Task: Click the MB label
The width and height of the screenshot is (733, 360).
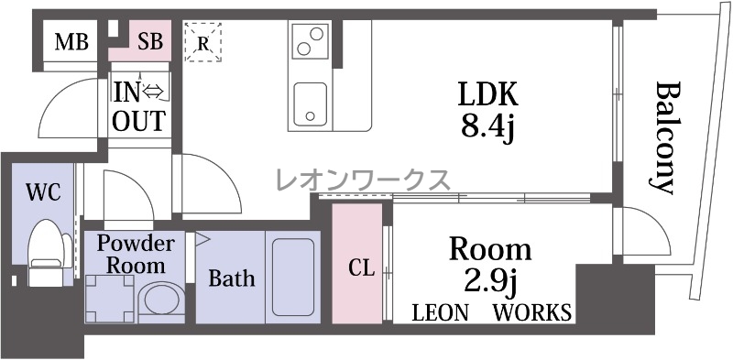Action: point(71,41)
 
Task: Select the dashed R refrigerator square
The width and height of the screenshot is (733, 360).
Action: point(202,42)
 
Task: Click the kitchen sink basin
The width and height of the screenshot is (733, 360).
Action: point(310,104)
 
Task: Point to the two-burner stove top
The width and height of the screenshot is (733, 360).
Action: point(310,40)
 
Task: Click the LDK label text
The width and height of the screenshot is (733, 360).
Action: point(487,94)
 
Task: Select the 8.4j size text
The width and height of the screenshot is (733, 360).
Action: point(488,126)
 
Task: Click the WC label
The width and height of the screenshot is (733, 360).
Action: point(43,191)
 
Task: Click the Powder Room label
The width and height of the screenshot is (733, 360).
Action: point(136,255)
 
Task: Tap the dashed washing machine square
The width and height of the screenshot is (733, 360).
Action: point(110,299)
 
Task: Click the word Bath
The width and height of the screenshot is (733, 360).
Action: point(232,278)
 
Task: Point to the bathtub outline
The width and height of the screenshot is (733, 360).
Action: point(293,278)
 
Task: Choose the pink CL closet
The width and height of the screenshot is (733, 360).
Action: point(357,263)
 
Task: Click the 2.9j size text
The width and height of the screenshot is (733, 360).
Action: point(490,282)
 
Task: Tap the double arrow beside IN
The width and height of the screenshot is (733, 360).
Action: point(153,93)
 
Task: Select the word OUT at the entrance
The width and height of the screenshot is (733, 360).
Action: point(139,121)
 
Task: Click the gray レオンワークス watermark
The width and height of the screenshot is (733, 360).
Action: point(363,180)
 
